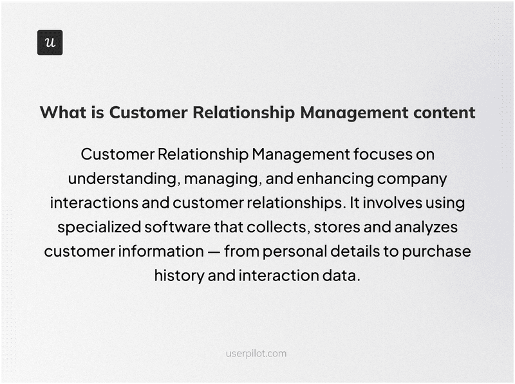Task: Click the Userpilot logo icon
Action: (50, 42)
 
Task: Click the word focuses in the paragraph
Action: (377, 155)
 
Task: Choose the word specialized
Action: (99, 227)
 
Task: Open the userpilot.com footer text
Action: (257, 353)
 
